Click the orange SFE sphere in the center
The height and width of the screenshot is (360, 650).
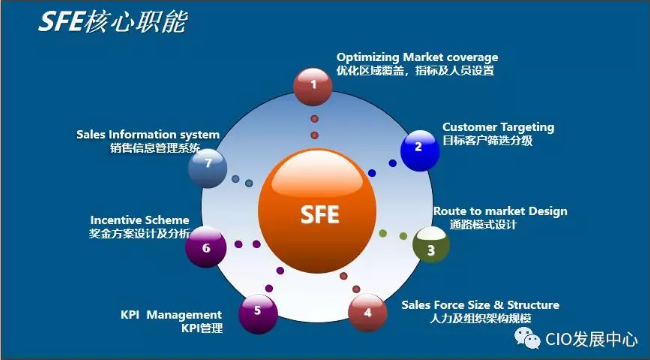pyautogui.click(x=312, y=211)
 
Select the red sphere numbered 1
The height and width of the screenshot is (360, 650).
pyautogui.click(x=315, y=86)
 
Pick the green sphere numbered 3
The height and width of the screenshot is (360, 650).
pyautogui.click(x=431, y=246)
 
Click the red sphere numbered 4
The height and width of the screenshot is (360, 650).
pyautogui.click(x=368, y=312)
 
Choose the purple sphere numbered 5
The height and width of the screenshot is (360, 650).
pyautogui.click(x=258, y=311)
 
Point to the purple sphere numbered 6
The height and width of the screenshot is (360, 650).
pyautogui.click(x=206, y=246)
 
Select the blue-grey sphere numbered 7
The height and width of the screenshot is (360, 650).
pyautogui.click(x=207, y=165)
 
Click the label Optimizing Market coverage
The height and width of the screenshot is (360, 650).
pyautogui.click(x=416, y=57)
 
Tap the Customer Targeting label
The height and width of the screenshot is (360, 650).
pyautogui.click(x=498, y=128)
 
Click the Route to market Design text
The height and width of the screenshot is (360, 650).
pyautogui.click(x=499, y=211)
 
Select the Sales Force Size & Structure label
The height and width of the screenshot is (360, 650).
pyautogui.click(x=480, y=304)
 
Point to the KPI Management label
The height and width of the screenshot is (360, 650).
pyautogui.click(x=171, y=314)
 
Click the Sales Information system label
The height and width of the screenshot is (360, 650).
pyautogui.click(x=147, y=134)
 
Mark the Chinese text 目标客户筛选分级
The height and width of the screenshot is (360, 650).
pyautogui.click(x=488, y=142)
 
